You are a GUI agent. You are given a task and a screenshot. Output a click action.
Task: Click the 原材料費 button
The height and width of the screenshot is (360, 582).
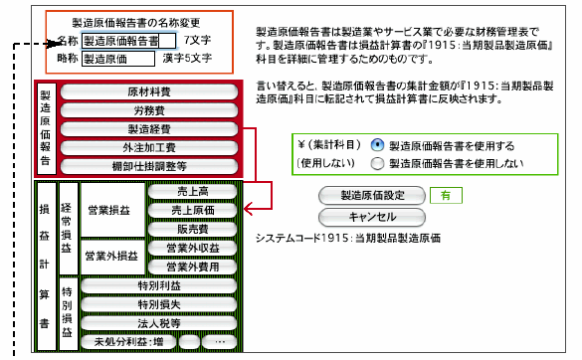(149, 91)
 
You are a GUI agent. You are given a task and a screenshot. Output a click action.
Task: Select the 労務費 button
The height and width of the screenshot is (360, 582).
(149, 110)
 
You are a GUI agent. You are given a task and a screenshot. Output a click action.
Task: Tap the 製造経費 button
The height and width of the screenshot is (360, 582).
(149, 128)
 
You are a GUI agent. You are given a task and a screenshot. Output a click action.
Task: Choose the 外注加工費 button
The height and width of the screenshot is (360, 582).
(149, 147)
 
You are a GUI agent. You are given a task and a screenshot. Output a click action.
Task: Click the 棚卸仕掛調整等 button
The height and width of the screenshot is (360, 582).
(149, 166)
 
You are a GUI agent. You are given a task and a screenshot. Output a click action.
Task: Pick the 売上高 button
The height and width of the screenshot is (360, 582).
(192, 192)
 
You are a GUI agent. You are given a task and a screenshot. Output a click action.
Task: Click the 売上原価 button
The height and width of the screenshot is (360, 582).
(192, 210)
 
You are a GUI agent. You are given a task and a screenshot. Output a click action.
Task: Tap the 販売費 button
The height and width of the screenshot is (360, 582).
(192, 229)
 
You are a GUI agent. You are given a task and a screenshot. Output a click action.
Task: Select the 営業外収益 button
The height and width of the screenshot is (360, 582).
(192, 248)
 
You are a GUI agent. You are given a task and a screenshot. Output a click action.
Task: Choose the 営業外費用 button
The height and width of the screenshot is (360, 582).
(192, 267)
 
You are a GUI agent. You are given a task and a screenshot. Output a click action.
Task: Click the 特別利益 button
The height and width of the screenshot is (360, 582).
(159, 285)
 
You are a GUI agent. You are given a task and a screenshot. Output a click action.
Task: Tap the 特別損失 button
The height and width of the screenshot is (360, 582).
(159, 304)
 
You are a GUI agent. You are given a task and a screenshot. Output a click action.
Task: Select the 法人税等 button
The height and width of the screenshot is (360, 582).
(159, 323)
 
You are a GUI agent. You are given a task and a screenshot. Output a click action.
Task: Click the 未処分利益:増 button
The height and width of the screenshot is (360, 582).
(128, 342)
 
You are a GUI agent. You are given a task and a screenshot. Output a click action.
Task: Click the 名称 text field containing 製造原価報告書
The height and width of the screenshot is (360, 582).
(128, 41)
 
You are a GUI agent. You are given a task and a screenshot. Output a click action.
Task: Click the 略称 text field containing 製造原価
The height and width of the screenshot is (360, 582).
(118, 59)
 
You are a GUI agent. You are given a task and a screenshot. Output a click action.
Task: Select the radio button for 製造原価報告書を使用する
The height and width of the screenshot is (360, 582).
(377, 145)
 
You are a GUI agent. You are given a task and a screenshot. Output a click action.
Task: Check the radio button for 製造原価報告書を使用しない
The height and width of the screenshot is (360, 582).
(377, 163)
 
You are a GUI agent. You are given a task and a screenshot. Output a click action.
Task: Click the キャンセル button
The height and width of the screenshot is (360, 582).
(372, 217)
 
